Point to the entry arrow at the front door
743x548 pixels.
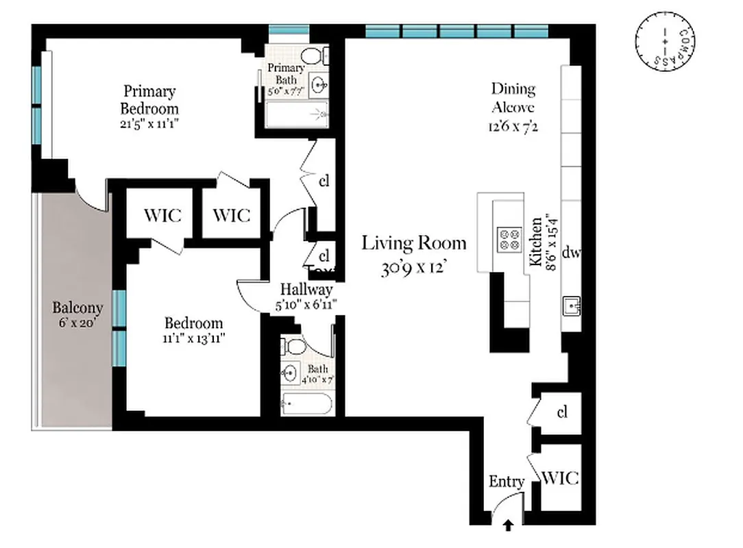(x=508, y=525)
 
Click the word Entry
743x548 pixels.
(x=506, y=482)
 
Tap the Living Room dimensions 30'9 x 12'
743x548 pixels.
(x=414, y=268)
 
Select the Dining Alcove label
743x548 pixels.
(x=513, y=98)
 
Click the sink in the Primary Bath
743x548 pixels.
(x=319, y=85)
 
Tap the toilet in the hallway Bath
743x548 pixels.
(x=294, y=346)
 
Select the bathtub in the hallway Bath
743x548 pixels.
(x=307, y=404)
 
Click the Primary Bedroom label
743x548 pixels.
(x=149, y=100)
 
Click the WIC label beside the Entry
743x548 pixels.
(x=560, y=477)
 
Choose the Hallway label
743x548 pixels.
(x=306, y=290)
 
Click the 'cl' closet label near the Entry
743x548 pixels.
(x=562, y=412)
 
